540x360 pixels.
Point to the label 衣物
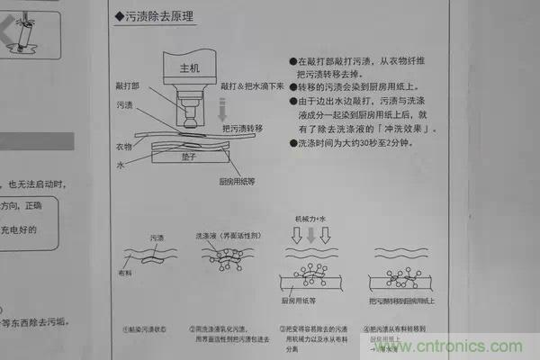[x=125, y=146]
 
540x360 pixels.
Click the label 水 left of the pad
[x=120, y=166]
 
